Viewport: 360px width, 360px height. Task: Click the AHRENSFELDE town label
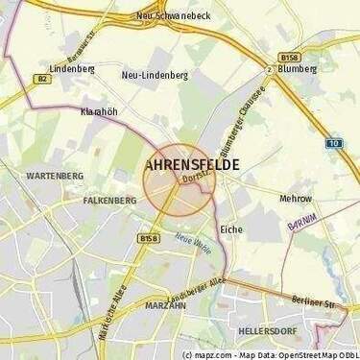[x=192, y=164]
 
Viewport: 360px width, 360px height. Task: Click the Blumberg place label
[x=297, y=69]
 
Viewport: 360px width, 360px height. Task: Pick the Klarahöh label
[x=99, y=111]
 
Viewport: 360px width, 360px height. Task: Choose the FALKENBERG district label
[x=109, y=200]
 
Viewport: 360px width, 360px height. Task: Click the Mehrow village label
[x=295, y=199]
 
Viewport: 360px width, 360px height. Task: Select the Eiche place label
[x=231, y=230]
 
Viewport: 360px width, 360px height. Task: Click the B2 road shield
[x=42, y=81]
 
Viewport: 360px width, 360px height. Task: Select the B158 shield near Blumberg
[x=284, y=56]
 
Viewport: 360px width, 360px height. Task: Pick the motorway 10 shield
[x=333, y=143]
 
